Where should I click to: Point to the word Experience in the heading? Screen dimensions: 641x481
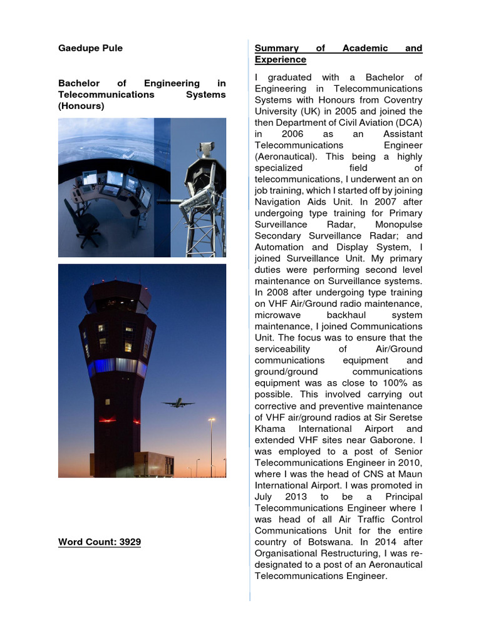pos(280,59)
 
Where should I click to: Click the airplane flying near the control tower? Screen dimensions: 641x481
pos(177,403)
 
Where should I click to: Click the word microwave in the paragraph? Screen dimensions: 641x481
pos(277,315)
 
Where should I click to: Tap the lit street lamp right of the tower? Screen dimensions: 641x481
pos(211,421)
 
